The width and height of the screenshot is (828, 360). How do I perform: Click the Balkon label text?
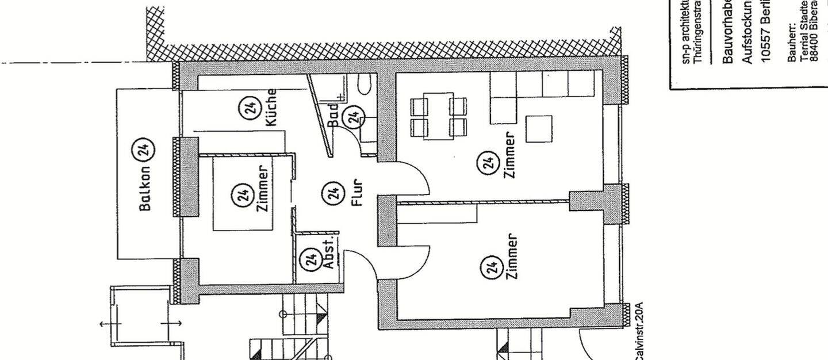tap(145, 189)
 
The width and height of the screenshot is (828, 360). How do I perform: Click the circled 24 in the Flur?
tap(332, 193)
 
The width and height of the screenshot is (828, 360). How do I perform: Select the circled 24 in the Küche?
tap(251, 108)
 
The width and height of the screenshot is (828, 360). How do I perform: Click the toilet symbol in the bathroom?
tap(364, 87)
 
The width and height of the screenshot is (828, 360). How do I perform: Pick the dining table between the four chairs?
tap(438, 116)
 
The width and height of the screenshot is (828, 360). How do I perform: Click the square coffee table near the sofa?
tap(539, 129)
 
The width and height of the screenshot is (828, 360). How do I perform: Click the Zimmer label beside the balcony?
tap(263, 189)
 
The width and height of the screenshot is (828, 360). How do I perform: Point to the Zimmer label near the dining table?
tap(509, 155)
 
